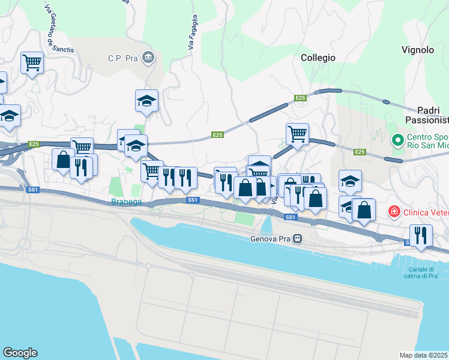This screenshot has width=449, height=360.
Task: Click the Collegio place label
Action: point(318,58)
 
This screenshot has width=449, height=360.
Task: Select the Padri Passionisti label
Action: point(432,116)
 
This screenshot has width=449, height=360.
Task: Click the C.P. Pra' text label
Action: point(124,58)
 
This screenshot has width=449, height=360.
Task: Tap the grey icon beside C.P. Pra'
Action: point(148,58)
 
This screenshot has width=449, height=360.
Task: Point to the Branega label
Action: point(127,202)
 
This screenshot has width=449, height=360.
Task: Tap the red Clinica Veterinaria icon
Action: point(394,211)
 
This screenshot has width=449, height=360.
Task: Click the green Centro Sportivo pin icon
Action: point(397,140)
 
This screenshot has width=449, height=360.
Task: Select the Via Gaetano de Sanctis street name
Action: point(59,28)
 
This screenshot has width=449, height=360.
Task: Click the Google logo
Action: point(20,352)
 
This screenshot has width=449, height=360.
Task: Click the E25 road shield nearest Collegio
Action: point(301,97)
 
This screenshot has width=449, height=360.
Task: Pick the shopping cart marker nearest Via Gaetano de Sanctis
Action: point(32,62)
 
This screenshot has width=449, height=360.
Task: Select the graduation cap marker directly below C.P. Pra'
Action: point(146,101)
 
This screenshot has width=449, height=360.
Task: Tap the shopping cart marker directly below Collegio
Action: point(297,133)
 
